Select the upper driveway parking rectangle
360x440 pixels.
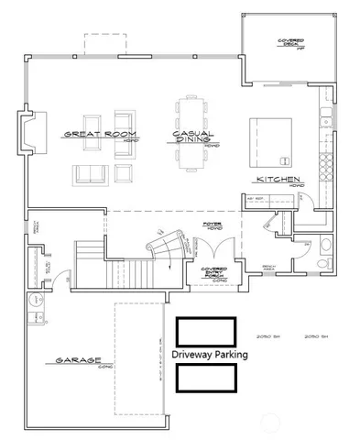point(206,332)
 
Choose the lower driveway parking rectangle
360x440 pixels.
point(206,377)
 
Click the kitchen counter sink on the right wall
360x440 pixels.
point(323,117)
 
